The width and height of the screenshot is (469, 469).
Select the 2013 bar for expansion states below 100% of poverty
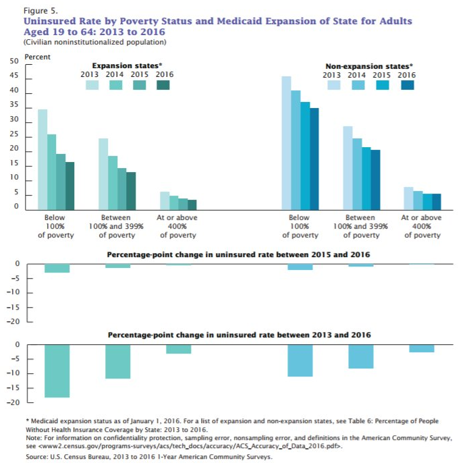click(42, 159)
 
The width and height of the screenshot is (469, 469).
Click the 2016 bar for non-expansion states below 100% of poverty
click(314, 158)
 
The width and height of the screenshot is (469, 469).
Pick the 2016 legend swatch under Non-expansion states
click(407, 85)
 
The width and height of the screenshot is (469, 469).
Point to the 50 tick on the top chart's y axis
click(13, 62)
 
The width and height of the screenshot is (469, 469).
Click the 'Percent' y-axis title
click(38, 56)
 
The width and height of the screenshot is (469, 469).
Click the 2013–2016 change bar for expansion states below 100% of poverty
click(57, 370)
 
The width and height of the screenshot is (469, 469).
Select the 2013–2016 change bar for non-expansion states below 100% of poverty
click(300, 360)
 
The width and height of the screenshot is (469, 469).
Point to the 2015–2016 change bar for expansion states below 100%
click(57, 268)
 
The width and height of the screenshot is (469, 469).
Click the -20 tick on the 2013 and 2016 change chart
click(13, 403)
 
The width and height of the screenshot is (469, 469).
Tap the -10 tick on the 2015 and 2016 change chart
click(13, 293)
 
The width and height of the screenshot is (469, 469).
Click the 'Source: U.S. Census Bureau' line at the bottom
click(148, 457)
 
